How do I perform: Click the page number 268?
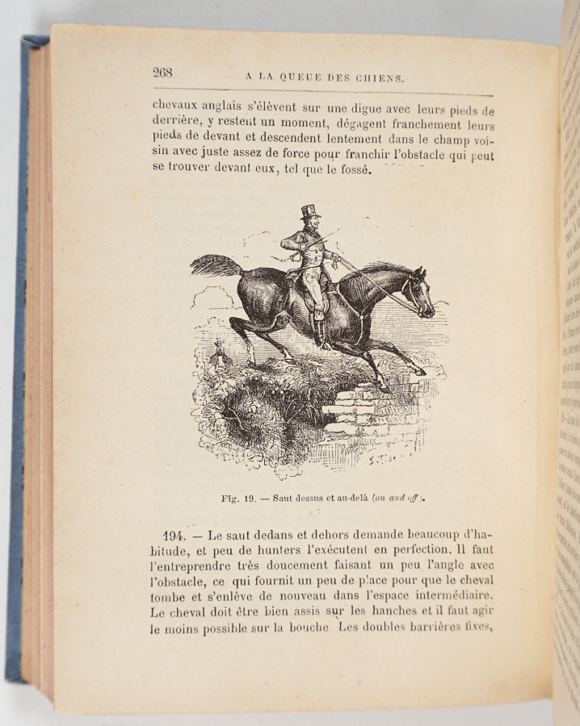162,73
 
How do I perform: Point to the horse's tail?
216,265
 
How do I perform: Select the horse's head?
418,292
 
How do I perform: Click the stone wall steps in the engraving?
354,408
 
